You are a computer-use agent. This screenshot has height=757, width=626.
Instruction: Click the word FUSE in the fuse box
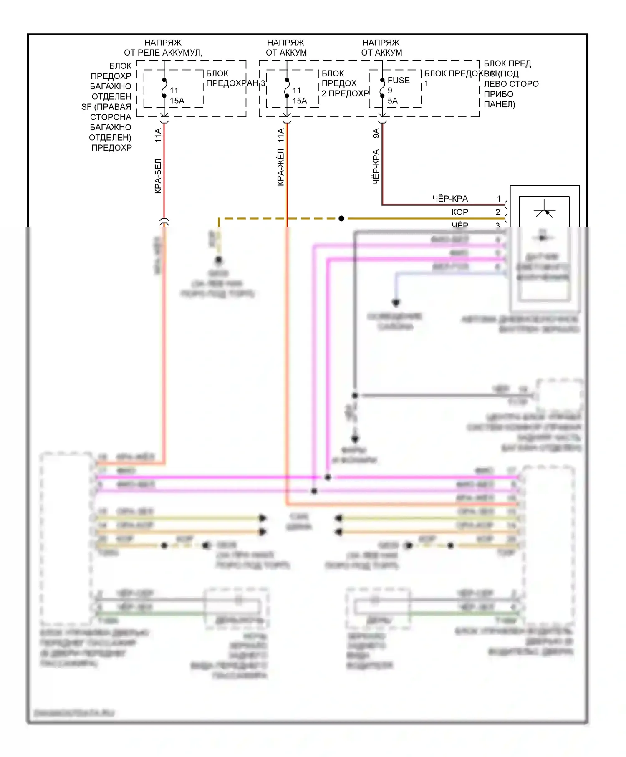[x=399, y=80]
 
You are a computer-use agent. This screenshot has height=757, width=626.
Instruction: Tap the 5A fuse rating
[x=393, y=101]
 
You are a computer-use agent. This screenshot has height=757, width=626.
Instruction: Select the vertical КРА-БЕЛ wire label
[x=158, y=176]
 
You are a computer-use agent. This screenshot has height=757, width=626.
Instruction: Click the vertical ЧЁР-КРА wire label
[x=376, y=167]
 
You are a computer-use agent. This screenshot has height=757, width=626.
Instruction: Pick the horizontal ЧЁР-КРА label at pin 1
[x=450, y=199]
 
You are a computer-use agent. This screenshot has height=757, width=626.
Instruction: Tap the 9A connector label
[x=376, y=133]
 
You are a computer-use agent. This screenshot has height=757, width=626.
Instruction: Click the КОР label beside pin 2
[x=459, y=212]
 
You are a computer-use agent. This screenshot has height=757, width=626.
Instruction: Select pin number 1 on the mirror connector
[x=499, y=199]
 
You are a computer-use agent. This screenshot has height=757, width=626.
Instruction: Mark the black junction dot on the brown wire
[x=341, y=218]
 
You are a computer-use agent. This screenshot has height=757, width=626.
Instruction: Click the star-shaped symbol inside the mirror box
[x=544, y=210]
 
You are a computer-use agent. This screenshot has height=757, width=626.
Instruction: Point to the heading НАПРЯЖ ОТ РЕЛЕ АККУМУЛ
[x=163, y=48]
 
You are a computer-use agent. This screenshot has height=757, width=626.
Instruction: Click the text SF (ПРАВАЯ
[x=106, y=107]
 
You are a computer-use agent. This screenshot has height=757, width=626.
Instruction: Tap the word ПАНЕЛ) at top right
[x=499, y=104]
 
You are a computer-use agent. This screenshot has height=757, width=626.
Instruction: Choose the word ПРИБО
[x=498, y=94]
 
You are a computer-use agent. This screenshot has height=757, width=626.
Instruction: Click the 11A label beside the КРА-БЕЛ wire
[x=158, y=135]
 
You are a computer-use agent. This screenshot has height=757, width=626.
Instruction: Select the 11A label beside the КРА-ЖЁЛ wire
[x=280, y=135]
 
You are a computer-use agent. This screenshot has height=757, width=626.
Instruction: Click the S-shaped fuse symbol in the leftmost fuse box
[x=164, y=88]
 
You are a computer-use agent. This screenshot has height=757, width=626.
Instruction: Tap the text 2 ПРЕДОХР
[x=345, y=93]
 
